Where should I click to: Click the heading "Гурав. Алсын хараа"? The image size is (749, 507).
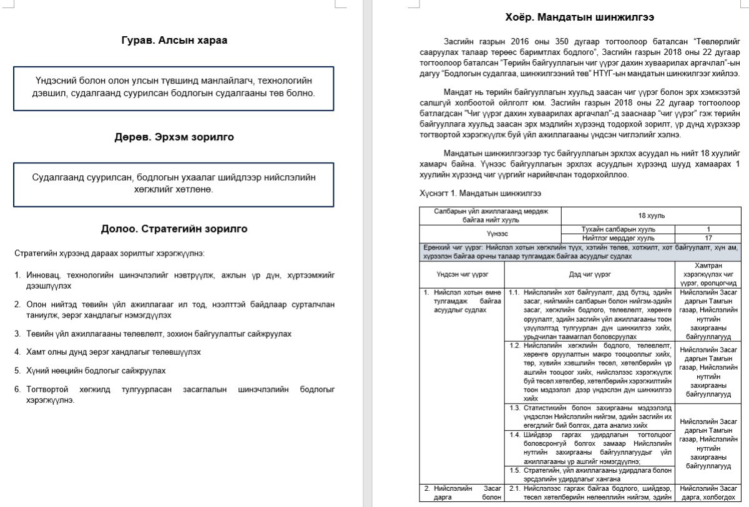pyautogui.click(x=174, y=41)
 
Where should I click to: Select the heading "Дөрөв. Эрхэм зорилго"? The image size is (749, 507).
pyautogui.click(x=174, y=137)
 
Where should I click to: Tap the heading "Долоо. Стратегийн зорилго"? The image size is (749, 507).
pyautogui.click(x=174, y=229)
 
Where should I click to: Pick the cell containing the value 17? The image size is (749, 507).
pyautogui.click(x=708, y=238)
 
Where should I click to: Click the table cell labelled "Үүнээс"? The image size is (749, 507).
pyautogui.click(x=491, y=233)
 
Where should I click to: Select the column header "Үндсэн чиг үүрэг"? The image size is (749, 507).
pyautogui.click(x=462, y=274)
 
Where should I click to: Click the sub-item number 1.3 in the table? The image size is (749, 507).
pyautogui.click(x=515, y=408)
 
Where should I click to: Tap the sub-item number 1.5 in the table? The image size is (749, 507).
pyautogui.click(x=515, y=470)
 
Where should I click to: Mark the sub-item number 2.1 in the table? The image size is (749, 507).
pyautogui.click(x=515, y=488)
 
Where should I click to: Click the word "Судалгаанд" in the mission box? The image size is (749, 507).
pyautogui.click(x=58, y=177)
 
